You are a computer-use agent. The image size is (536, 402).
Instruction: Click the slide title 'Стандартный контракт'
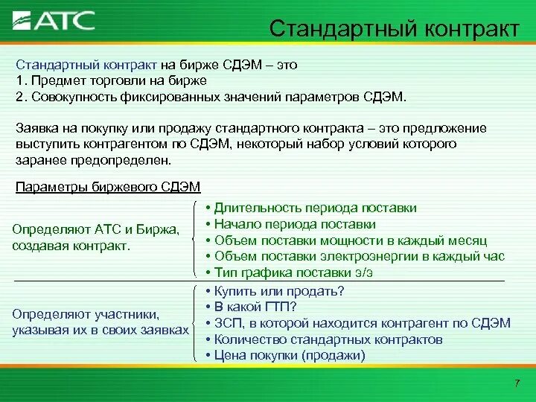(x=394, y=29)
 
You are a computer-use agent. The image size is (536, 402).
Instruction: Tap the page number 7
(x=517, y=383)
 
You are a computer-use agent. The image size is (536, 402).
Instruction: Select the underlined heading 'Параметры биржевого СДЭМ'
(x=108, y=186)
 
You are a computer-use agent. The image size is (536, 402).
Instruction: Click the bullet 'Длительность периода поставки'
(x=315, y=208)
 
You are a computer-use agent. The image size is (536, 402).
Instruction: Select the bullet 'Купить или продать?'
(x=279, y=290)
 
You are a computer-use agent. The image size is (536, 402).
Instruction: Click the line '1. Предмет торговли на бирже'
(x=111, y=80)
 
